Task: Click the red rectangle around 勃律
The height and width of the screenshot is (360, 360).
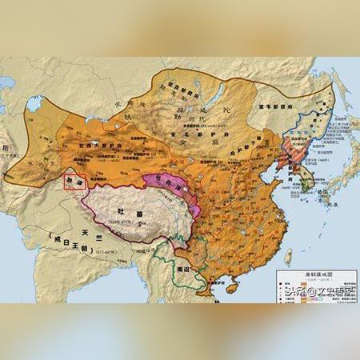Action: (x=74, y=182)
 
